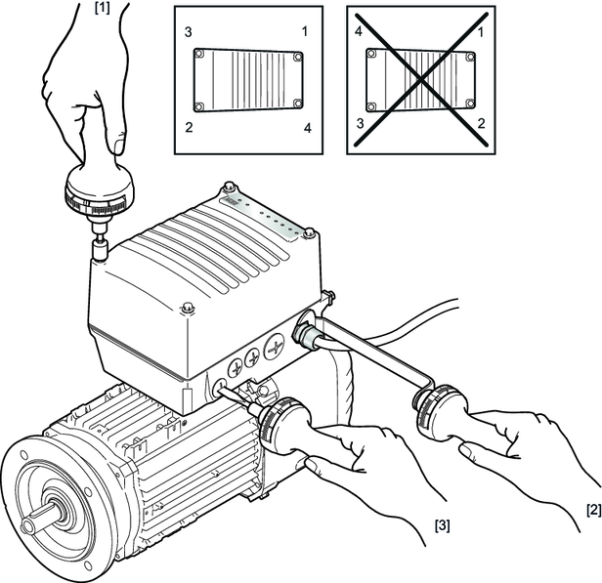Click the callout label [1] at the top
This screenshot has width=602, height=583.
pyautogui.click(x=102, y=9)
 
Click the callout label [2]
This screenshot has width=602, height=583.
pyautogui.click(x=594, y=510)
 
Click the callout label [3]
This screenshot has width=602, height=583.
pyautogui.click(x=442, y=525)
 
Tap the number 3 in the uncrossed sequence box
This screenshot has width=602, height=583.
pyautogui.click(x=188, y=32)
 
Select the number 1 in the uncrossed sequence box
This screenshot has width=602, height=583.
pyautogui.click(x=305, y=31)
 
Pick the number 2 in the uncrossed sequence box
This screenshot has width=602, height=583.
pyautogui.click(x=189, y=127)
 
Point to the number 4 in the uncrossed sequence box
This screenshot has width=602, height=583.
pyautogui.click(x=308, y=128)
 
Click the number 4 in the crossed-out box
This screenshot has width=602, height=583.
pyautogui.click(x=359, y=31)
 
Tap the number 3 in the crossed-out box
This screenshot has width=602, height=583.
pyautogui.click(x=360, y=123)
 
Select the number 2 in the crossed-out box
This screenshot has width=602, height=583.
pyautogui.click(x=481, y=123)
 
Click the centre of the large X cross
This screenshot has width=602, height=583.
pyautogui.click(x=421, y=80)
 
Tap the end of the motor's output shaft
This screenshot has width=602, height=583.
pyautogui.click(x=29, y=524)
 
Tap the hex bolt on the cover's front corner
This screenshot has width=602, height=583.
pyautogui.click(x=188, y=308)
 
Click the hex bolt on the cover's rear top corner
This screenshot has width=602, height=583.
pyautogui.click(x=229, y=187)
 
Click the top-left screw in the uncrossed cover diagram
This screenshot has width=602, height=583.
pyautogui.click(x=198, y=54)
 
